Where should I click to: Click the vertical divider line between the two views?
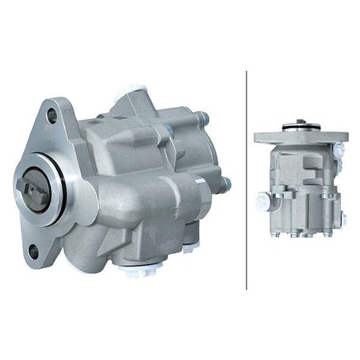coord(247,180)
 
